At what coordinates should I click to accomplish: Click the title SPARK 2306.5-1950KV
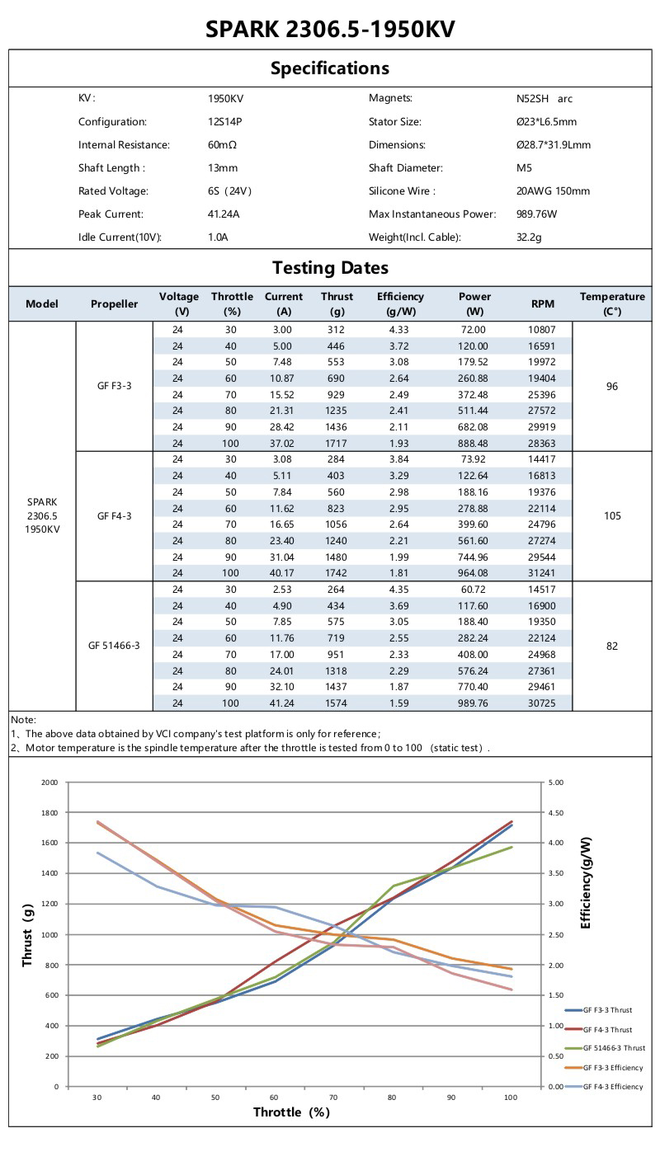[x=330, y=30]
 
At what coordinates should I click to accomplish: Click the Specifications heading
[x=330, y=68]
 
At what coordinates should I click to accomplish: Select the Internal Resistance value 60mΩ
[x=223, y=145]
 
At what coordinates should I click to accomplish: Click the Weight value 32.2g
[x=528, y=237]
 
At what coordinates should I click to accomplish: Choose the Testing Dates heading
[x=330, y=268]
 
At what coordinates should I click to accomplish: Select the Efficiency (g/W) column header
[x=400, y=303]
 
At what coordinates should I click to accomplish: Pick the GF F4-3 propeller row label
[x=114, y=516]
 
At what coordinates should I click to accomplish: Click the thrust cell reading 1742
[x=337, y=573]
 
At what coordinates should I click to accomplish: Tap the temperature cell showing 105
[x=611, y=516]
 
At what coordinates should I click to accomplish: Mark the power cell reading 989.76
[x=474, y=703]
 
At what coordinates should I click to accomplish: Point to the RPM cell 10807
[x=542, y=329]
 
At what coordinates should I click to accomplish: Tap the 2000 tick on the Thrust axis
[x=49, y=783]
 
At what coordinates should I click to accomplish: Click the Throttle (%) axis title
[x=291, y=1112]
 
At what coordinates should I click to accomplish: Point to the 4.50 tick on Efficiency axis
[x=555, y=813]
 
